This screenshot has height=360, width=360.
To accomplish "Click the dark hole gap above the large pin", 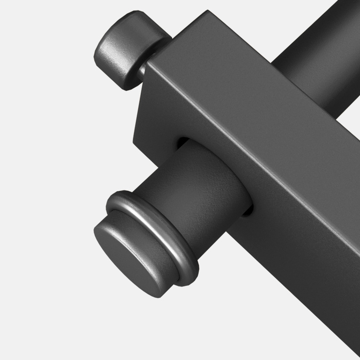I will pyautogui.click(x=182, y=142).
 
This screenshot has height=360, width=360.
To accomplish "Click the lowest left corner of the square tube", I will pyautogui.click(x=134, y=138).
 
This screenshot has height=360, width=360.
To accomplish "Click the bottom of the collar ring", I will pyautogui.click(x=191, y=278).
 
